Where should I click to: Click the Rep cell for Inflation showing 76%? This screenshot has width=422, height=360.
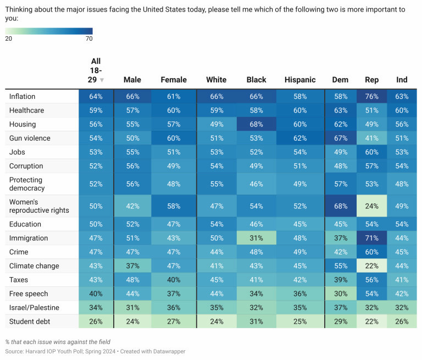click(372, 96)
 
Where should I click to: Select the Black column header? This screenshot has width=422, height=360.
click(256, 80)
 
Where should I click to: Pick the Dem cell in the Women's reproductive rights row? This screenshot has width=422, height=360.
click(340, 206)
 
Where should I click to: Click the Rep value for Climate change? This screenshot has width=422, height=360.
click(372, 265)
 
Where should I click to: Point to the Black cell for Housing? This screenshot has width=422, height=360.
click(256, 124)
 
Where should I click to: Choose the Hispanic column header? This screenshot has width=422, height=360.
click(300, 80)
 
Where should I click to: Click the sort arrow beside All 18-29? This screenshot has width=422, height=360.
click(102, 80)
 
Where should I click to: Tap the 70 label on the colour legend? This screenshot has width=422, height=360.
click(89, 38)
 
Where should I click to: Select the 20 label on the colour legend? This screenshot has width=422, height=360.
click(9, 38)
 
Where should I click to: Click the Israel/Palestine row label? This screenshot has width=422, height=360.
click(34, 307)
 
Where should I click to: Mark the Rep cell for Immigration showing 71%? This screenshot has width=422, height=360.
click(372, 238)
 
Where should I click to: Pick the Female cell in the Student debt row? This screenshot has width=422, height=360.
click(174, 321)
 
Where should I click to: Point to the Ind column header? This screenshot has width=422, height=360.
click(402, 80)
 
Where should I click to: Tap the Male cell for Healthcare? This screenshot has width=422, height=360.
click(132, 110)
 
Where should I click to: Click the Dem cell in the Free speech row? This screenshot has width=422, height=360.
click(340, 293)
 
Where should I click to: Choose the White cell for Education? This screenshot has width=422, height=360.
click(216, 224)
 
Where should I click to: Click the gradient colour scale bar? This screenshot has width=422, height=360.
click(49, 31)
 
